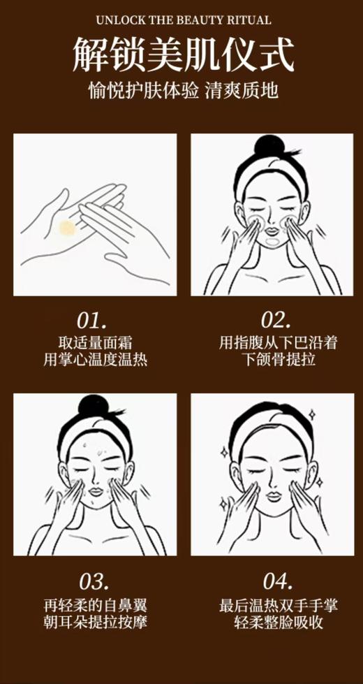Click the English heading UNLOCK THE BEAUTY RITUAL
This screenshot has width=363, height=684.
tap(181, 20)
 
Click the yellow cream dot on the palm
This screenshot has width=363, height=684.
tap(68, 228)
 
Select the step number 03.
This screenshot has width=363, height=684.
tap(92, 581)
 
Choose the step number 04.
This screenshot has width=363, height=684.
tap(275, 581)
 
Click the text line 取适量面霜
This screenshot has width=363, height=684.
tap(95, 343)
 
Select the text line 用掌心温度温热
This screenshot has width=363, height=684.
tap(95, 361)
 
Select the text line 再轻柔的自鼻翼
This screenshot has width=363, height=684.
tap(95, 604)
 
